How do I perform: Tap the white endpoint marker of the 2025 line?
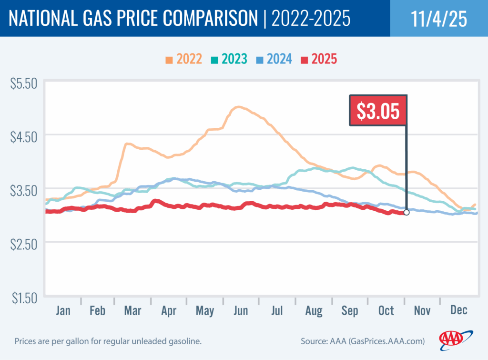coord(406,212)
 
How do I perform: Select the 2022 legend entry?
coord(183,60)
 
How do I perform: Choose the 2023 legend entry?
coord(228,60)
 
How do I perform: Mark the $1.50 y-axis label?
coord(24,298)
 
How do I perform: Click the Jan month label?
coord(63,311)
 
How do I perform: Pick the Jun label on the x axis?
coord(241,311)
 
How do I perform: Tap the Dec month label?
coord(458,311)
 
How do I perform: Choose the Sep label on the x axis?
coord(350,311)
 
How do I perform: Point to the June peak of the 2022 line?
coord(238,107)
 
